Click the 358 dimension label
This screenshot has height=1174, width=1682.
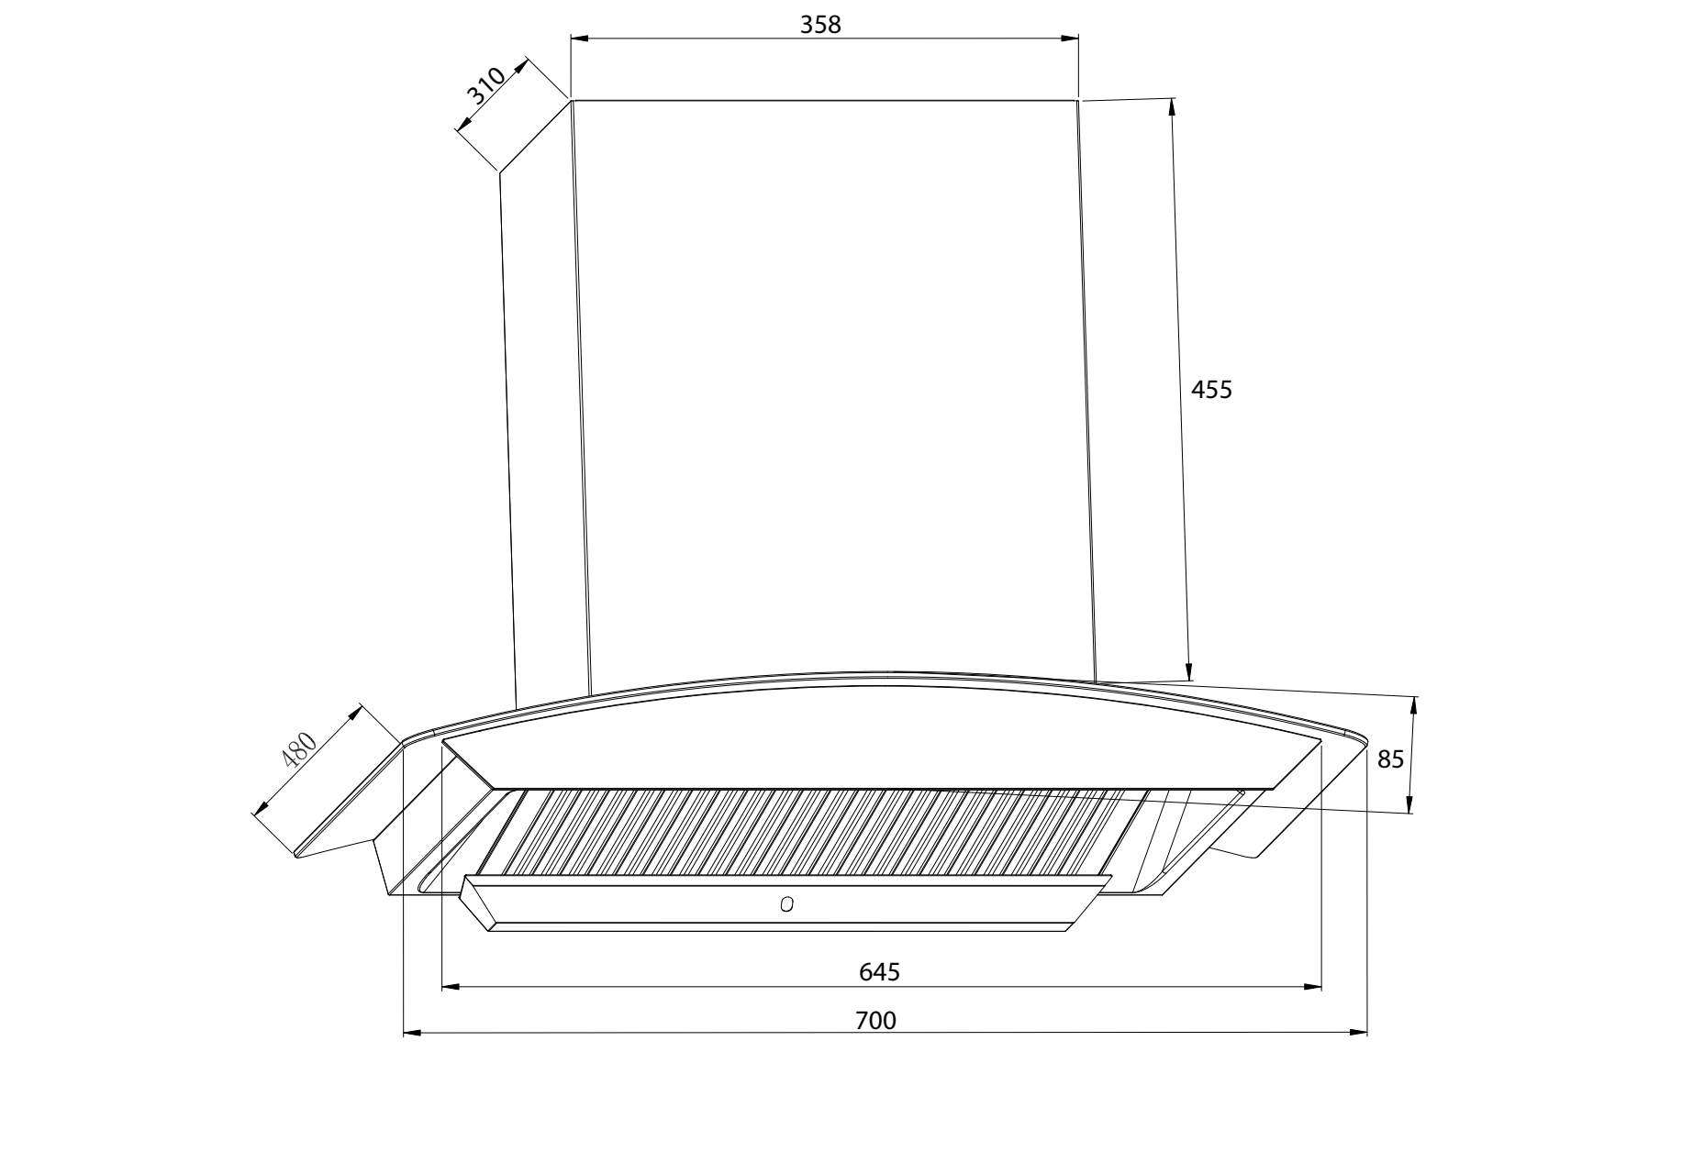click(x=820, y=25)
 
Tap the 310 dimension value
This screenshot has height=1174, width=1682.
click(x=485, y=85)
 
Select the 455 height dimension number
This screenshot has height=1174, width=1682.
click(x=1211, y=390)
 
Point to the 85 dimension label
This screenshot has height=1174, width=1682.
click(x=1391, y=759)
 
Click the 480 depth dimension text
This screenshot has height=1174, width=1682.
click(x=299, y=750)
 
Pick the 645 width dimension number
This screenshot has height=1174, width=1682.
click(x=879, y=971)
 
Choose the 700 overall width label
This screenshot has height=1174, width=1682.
click(x=875, y=1020)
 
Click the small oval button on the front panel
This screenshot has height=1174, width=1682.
click(x=787, y=905)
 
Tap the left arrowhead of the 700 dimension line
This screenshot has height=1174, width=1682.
click(x=412, y=1034)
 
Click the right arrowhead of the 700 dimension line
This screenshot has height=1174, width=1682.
click(x=1359, y=1034)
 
